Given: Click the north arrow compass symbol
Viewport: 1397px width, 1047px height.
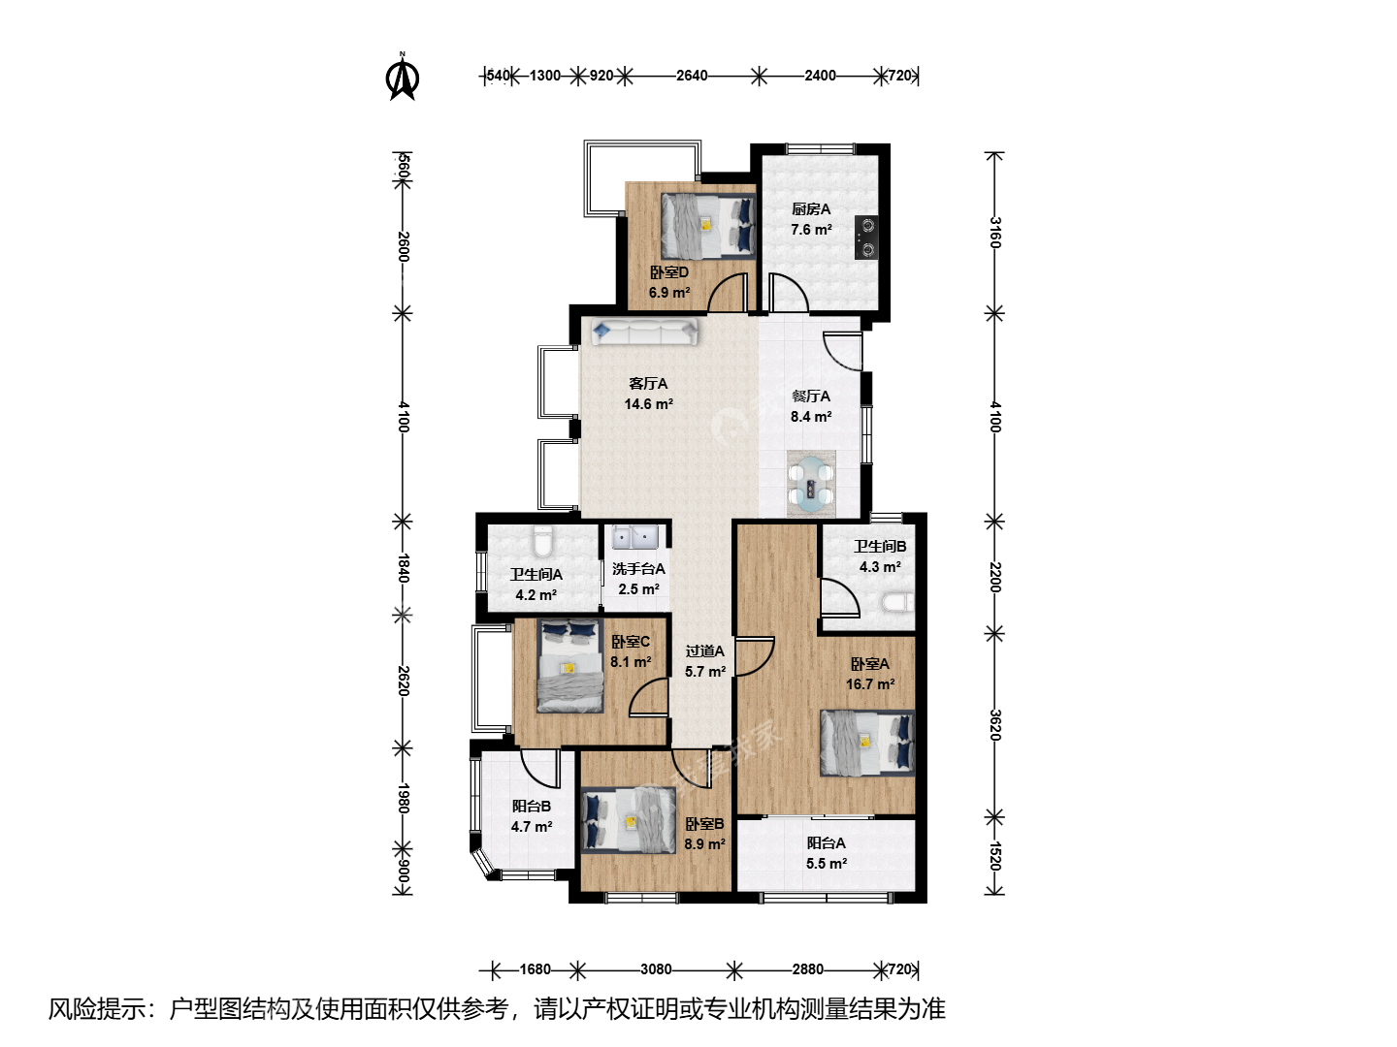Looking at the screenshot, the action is [x=403, y=77].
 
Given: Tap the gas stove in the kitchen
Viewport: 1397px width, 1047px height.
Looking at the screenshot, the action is [x=867, y=238].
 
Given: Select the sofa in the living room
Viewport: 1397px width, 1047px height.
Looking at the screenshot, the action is [x=644, y=333].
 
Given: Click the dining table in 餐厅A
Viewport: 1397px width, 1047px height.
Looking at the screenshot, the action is [x=811, y=484].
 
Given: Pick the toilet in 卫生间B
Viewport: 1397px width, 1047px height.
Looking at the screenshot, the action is [x=898, y=602].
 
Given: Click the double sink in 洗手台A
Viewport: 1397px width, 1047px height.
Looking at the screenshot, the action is [x=634, y=536].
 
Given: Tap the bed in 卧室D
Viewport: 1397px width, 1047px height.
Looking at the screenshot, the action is [x=708, y=226].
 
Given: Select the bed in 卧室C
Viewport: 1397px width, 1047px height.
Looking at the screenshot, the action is [x=569, y=666].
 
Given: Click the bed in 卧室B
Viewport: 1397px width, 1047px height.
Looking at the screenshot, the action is [x=629, y=820].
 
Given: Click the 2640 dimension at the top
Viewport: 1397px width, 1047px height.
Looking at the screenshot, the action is [x=692, y=76].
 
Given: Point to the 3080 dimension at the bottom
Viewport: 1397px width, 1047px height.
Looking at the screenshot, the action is [x=656, y=969].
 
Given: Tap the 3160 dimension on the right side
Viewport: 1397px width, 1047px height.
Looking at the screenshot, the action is [x=995, y=233].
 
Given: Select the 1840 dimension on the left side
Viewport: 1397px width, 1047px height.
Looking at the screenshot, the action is [x=403, y=568].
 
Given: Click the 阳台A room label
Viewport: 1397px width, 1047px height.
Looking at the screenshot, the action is [x=827, y=843].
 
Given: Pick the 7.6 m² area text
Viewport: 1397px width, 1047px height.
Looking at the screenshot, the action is [x=811, y=230].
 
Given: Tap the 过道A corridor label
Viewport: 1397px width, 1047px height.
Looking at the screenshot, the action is [x=704, y=650].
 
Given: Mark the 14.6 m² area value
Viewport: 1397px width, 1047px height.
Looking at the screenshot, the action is [x=649, y=403].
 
